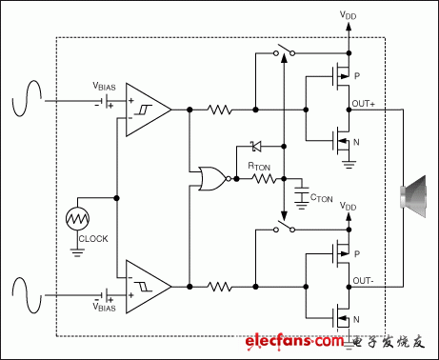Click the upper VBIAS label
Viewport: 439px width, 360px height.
coord(107,84)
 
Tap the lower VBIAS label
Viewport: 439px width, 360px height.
coord(107,308)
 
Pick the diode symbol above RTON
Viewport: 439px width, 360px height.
coord(254,147)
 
